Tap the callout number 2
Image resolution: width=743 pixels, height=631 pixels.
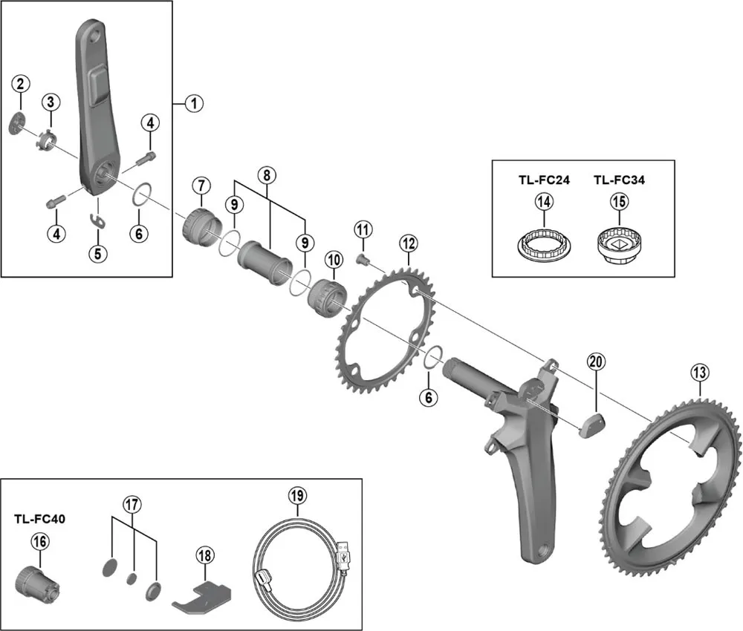coord(20,83)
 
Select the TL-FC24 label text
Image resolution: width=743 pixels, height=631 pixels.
coord(544,180)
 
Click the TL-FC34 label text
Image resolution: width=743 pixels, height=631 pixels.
coord(618,180)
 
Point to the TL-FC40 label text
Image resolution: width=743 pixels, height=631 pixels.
coord(39,519)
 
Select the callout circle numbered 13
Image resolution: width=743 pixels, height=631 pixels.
coord(698,373)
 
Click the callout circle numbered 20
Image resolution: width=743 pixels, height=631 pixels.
coord(596,362)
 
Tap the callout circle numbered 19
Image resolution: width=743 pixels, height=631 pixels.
coord(296,495)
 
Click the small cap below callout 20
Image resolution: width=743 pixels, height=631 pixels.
coord(591,427)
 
